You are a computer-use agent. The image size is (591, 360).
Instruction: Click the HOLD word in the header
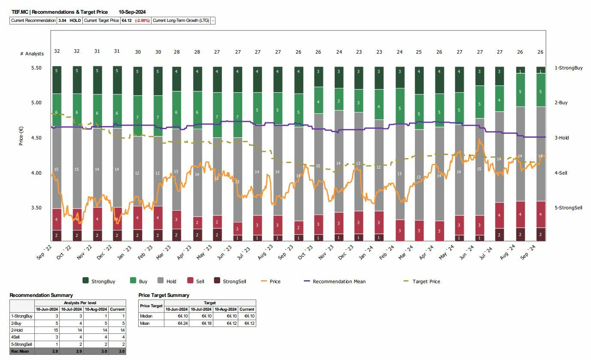tap(75, 21)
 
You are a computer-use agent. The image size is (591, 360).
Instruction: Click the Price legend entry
tap(275, 281)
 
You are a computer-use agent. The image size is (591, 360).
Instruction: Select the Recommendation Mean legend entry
tap(339, 281)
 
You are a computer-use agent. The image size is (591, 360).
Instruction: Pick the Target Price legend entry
tap(426, 281)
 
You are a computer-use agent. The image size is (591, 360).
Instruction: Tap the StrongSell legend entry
tap(234, 281)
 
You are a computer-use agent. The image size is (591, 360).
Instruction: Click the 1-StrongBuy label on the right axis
tap(568, 68)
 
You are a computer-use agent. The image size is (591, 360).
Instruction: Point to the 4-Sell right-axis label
tap(561, 173)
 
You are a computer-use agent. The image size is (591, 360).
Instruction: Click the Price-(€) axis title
tap(21, 136)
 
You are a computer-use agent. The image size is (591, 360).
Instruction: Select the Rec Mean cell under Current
tap(117, 351)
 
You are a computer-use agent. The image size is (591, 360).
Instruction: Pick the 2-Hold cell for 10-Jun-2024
tap(47, 330)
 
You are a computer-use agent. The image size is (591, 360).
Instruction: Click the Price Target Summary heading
tap(164, 295)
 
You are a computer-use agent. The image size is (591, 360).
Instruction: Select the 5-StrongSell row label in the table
tap(22, 345)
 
